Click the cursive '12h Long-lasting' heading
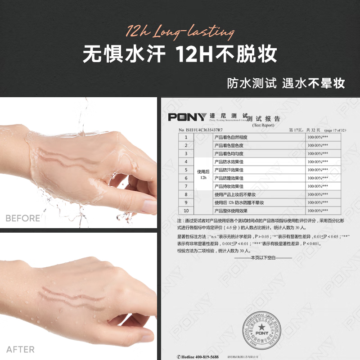tap(180, 32)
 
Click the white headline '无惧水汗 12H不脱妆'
tap(180, 55)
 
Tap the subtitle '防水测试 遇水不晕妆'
tap(286, 83)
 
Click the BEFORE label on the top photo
tap(22, 218)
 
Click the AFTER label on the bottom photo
tap(20, 349)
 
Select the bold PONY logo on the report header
tap(187, 117)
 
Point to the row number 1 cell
tap(185, 137)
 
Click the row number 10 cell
tap(185, 211)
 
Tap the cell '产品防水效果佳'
tap(229, 162)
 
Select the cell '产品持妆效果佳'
tap(229, 186)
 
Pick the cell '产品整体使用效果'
tap(230, 211)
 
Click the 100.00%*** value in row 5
tap(317, 170)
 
